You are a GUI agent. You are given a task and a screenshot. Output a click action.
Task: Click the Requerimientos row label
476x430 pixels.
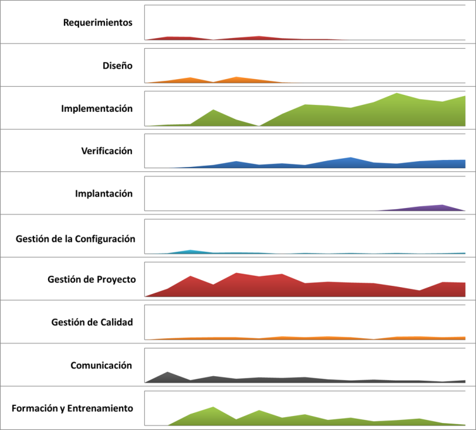(98, 23)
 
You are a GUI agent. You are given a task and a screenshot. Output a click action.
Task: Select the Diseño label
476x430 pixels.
(118, 66)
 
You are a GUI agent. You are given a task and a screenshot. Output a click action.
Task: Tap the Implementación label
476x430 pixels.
(97, 108)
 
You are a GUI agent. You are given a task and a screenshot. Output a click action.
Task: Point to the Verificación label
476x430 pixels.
(107, 151)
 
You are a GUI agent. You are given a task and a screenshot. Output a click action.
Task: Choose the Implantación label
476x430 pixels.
(104, 193)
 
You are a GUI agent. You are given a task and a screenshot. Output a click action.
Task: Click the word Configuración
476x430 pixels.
(105, 239)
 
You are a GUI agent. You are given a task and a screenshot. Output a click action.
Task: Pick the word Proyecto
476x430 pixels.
(116, 279)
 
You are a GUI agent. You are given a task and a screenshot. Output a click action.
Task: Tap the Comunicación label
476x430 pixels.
(101, 365)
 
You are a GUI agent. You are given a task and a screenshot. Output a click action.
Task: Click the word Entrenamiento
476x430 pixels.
(100, 408)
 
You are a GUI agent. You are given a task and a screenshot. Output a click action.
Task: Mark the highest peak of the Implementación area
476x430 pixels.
(397, 93)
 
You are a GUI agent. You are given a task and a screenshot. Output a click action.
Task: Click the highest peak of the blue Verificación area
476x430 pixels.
(351, 157)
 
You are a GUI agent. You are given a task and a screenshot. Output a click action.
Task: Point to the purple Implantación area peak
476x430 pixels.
(442, 205)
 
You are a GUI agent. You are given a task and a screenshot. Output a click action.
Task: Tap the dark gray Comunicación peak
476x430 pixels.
(168, 372)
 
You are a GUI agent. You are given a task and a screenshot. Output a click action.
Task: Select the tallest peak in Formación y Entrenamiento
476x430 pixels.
(213, 407)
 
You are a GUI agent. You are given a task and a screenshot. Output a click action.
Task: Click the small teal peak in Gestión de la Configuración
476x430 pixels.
(190, 250)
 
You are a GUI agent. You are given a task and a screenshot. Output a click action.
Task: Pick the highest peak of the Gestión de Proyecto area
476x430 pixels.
(236, 273)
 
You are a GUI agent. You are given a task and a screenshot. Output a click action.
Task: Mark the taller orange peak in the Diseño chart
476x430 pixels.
(236, 77)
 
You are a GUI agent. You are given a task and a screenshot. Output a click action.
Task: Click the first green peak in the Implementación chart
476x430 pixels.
(214, 109)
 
